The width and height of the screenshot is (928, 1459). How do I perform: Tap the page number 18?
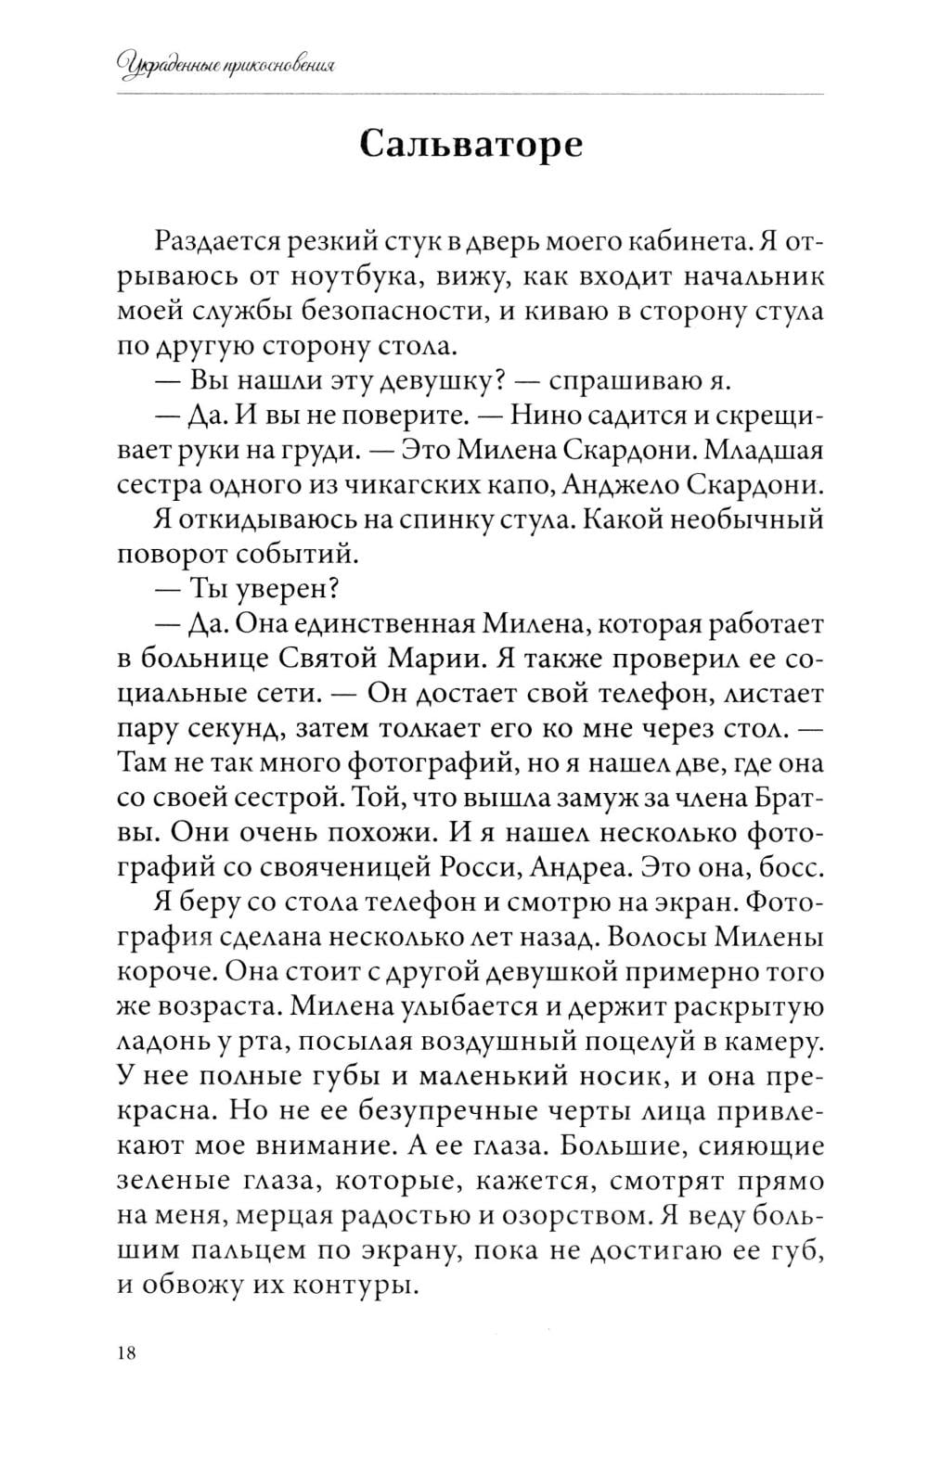127,1353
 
